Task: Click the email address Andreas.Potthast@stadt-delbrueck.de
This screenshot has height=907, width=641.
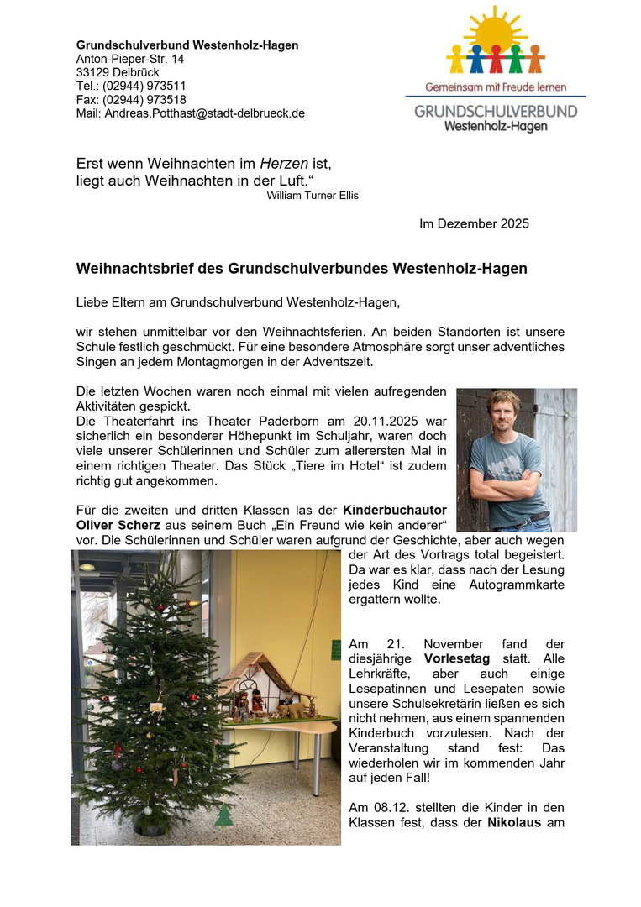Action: point(204,113)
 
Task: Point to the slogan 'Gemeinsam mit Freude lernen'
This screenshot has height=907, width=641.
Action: point(496,87)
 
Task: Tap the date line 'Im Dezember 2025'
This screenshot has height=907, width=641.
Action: point(474,224)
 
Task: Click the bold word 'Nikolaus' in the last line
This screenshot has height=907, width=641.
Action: point(516,823)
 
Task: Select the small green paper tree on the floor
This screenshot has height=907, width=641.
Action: point(223,815)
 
